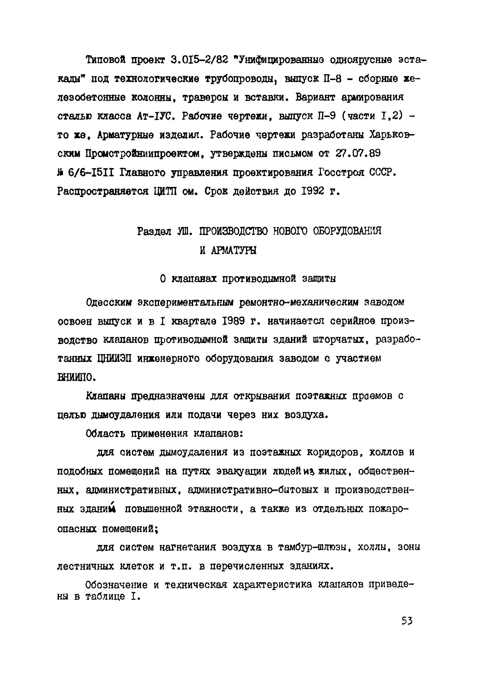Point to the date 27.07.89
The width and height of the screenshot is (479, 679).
[x=358, y=153]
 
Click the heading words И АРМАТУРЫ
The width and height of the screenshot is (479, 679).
[x=228, y=250]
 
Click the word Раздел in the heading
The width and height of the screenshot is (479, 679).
[x=154, y=231]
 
